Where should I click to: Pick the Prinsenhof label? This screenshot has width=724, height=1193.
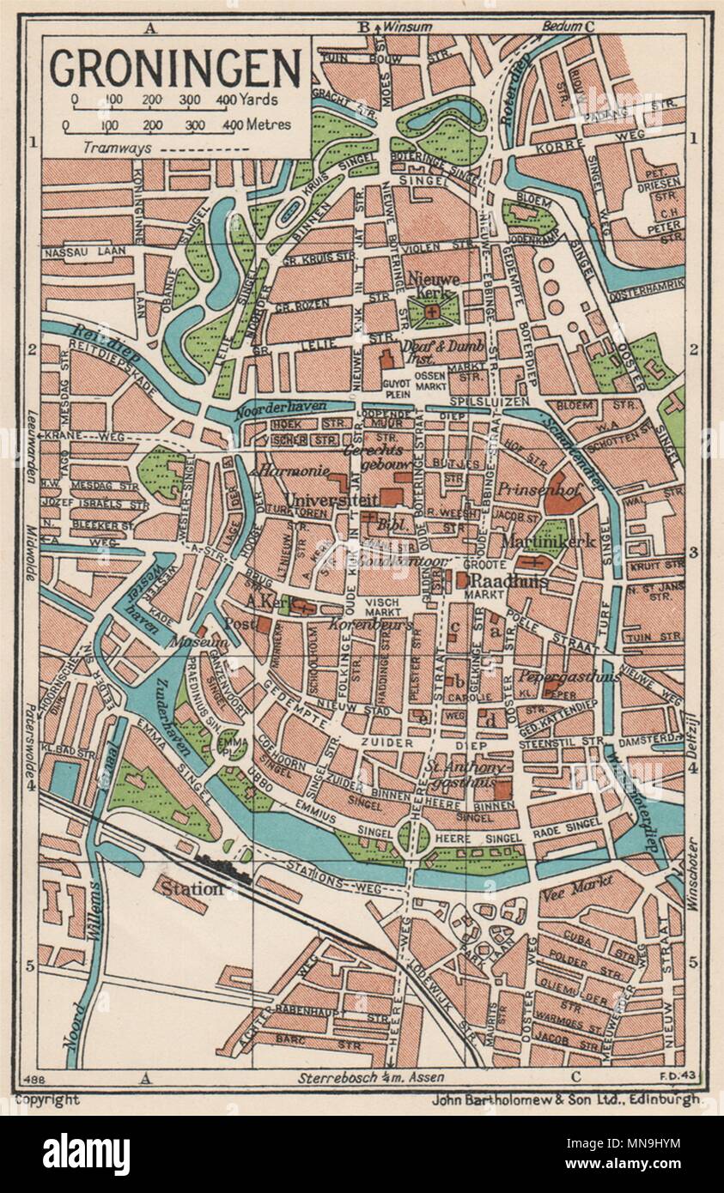pos(527,487)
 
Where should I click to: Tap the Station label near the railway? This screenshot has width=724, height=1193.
pos(189,889)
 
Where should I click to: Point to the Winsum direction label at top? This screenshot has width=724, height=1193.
pos(406,26)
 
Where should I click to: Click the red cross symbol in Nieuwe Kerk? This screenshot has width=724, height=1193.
pos(432,312)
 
